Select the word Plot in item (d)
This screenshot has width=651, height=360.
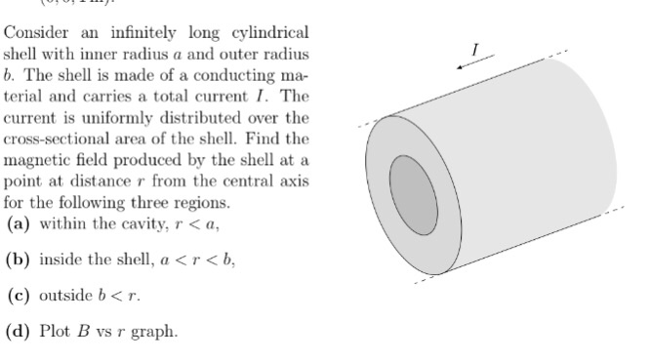coord(57,330)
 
